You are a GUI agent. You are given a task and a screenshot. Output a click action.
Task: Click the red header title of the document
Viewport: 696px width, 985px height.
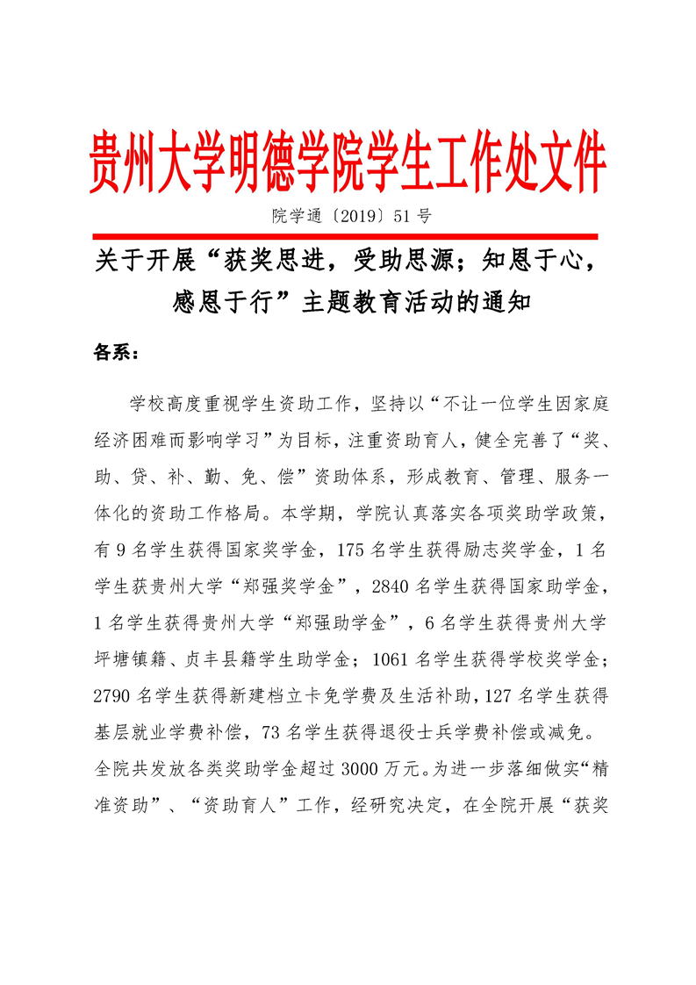348,163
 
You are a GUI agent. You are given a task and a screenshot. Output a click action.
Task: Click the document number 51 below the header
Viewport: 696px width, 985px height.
394,214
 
